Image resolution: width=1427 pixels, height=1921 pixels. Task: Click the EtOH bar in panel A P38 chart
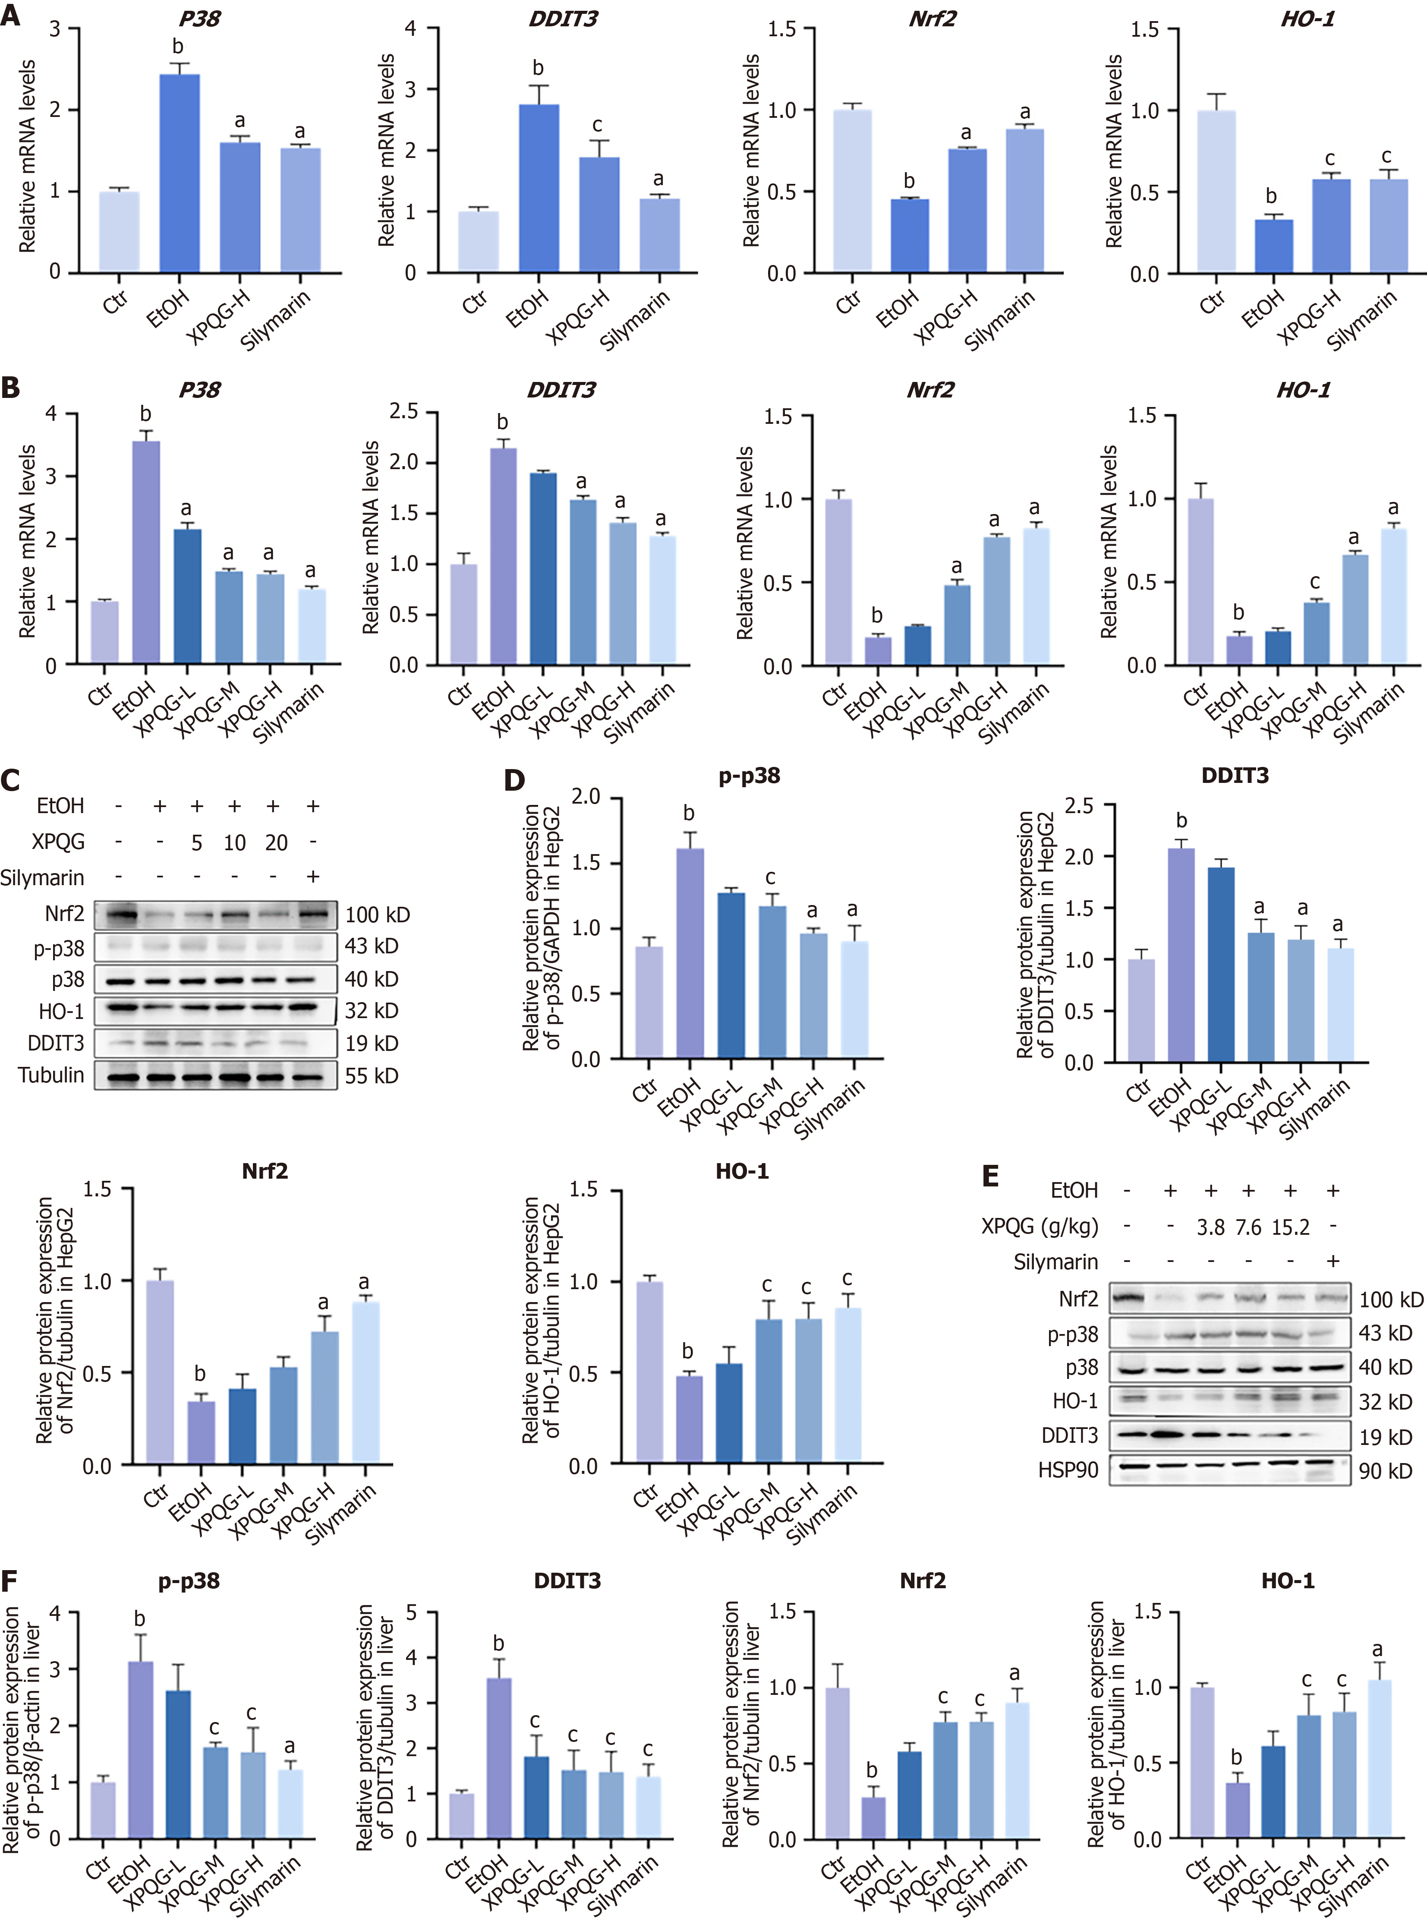pos(180,173)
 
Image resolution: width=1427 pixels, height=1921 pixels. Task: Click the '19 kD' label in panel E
pos(1386,1436)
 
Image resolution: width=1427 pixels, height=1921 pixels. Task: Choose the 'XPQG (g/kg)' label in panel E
pos(1039,1227)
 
